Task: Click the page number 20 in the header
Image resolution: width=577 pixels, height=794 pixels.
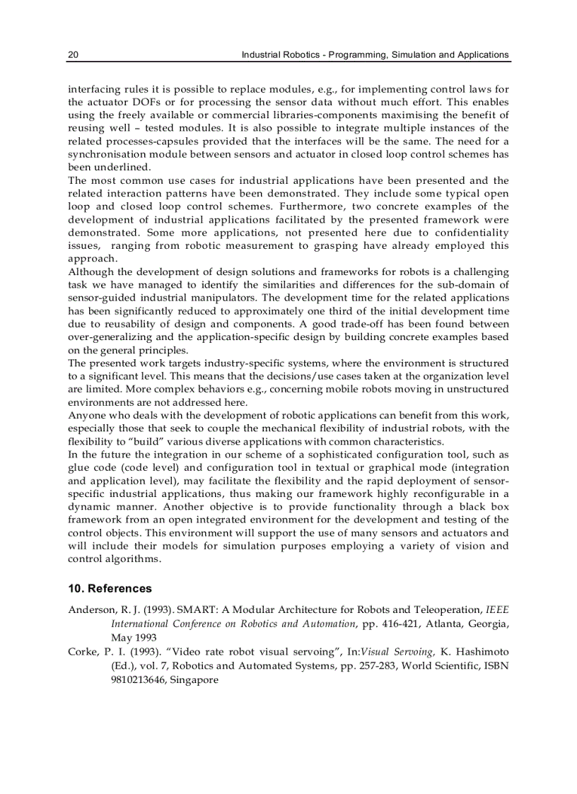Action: pos(73,54)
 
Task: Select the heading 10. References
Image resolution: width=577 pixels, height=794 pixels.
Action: pos(110,588)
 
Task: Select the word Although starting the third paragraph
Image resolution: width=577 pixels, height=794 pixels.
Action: pos(91,272)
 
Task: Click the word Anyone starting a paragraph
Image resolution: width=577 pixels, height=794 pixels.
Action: pos(86,416)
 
